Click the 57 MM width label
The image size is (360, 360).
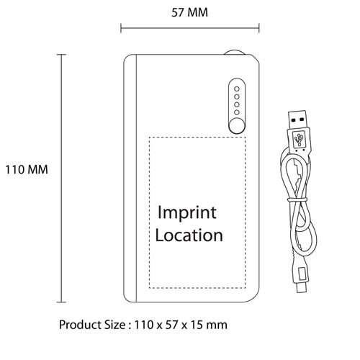pyautogui.click(x=189, y=12)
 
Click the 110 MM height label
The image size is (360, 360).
pyautogui.click(x=27, y=169)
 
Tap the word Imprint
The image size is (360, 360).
pyautogui.click(x=187, y=213)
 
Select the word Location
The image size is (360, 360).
pyautogui.click(x=189, y=235)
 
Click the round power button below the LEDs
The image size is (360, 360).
pyautogui.click(x=237, y=126)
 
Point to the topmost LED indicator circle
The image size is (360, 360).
pyautogui.click(x=237, y=89)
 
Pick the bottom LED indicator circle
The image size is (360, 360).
pyautogui.click(x=237, y=112)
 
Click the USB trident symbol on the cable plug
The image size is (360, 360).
pyautogui.click(x=299, y=139)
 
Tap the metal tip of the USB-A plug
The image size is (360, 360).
pyautogui.click(x=297, y=120)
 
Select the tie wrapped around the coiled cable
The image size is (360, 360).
pyautogui.click(x=297, y=199)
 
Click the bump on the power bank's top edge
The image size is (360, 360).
pyautogui.click(x=235, y=53)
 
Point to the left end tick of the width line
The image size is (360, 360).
pyautogui.click(x=121, y=28)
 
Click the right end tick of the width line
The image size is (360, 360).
pyautogui.click(x=259, y=28)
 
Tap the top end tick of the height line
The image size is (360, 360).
pyautogui.click(x=61, y=55)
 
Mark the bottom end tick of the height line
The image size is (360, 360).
pyautogui.click(x=61, y=302)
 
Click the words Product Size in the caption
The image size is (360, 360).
pyautogui.click(x=92, y=325)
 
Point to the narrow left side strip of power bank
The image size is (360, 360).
pyautogui.click(x=130, y=179)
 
